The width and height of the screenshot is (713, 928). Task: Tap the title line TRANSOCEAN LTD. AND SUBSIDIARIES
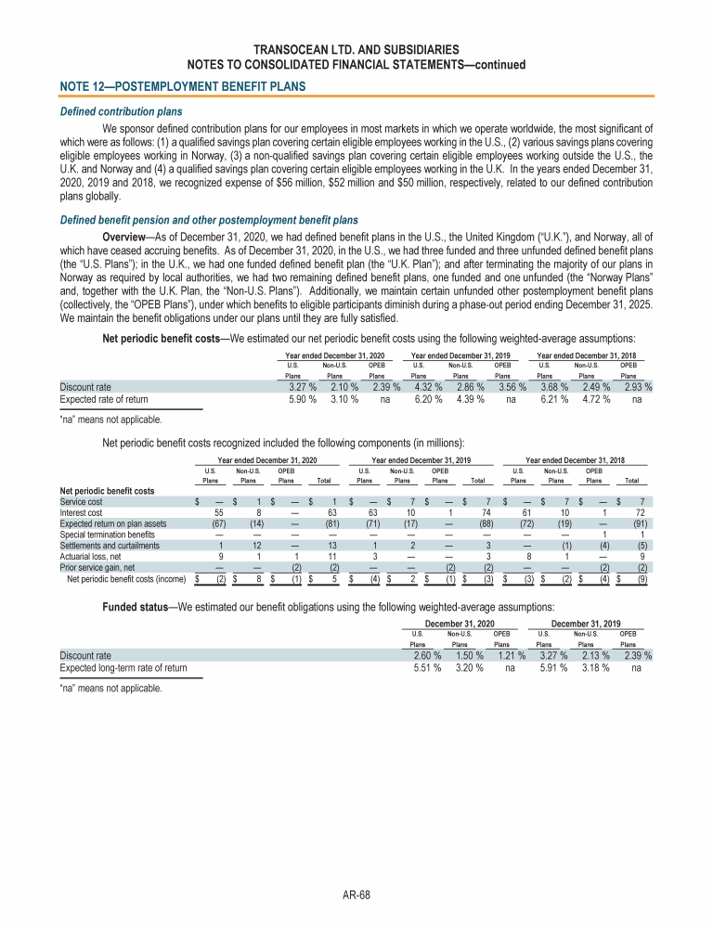click(x=356, y=48)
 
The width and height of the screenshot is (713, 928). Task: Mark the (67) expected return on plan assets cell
click(x=217, y=522)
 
